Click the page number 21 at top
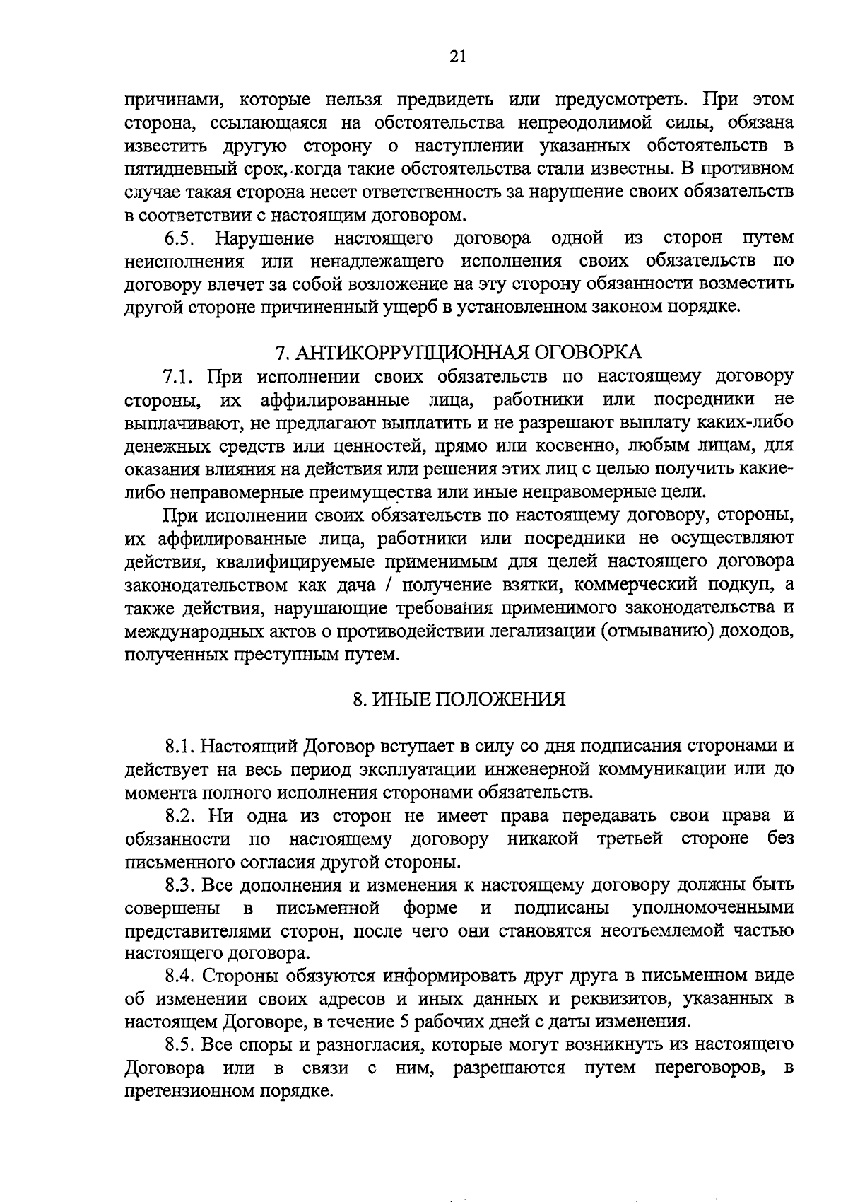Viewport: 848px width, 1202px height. click(457, 57)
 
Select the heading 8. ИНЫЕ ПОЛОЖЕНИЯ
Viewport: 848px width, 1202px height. click(459, 700)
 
